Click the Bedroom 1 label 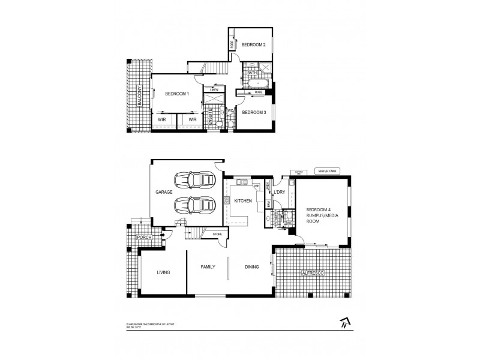(178, 94)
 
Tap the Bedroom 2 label (253, 44)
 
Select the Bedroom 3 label (254, 112)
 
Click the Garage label (164, 192)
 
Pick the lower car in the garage (194, 205)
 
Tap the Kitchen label (242, 200)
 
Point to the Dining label (251, 267)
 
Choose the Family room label (207, 267)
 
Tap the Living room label (163, 272)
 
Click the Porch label (144, 238)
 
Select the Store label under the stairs (217, 235)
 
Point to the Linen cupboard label (214, 90)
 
